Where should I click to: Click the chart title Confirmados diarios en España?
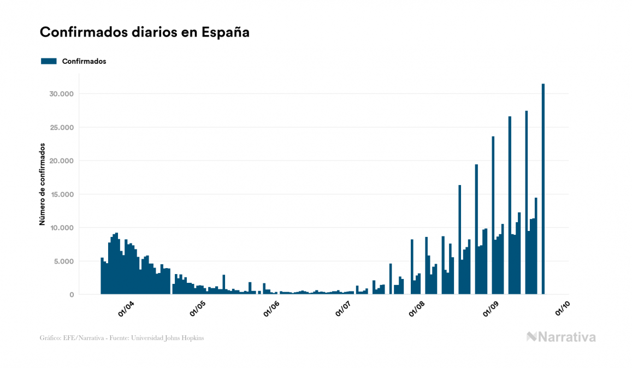145,32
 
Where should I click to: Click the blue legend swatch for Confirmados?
49,61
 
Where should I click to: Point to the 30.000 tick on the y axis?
62,94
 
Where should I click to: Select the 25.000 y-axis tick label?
62,127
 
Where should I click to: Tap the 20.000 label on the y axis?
62,161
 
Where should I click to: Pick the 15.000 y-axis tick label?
62,194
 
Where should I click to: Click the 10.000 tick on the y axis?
62,228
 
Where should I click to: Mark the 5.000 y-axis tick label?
63,261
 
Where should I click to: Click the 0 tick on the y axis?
71,295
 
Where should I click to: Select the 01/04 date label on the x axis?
126,309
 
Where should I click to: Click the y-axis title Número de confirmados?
42,185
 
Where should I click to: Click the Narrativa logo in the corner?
561,337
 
